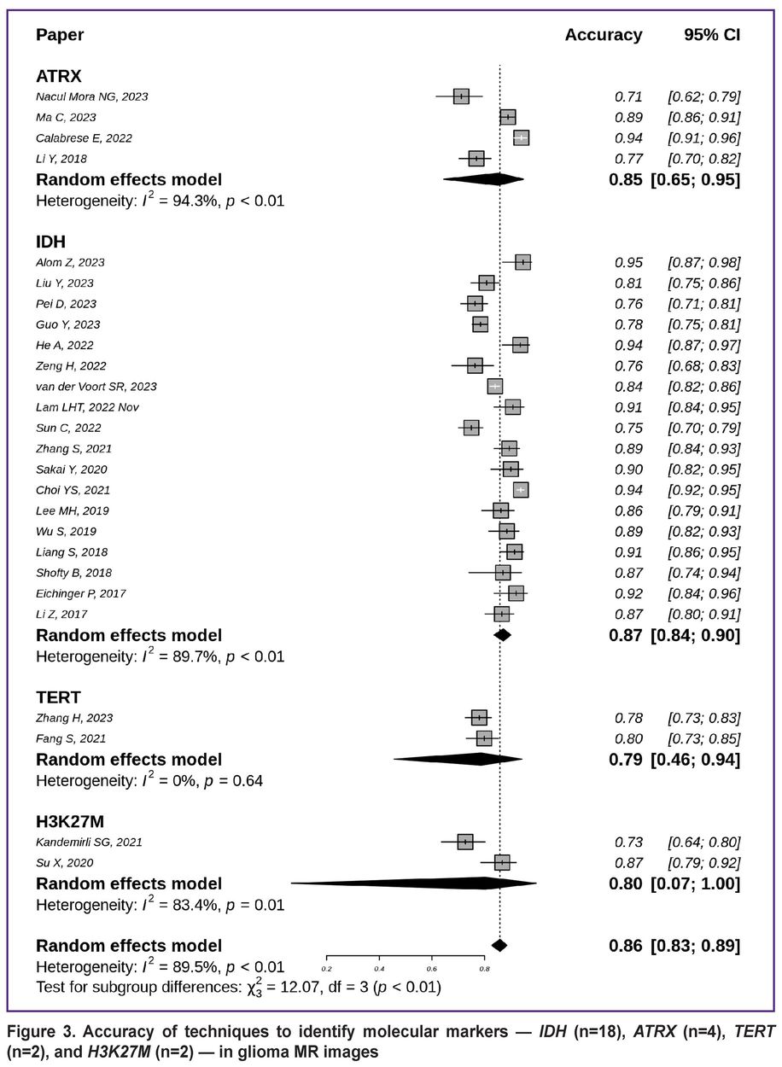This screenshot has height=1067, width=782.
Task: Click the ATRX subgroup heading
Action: (x=58, y=76)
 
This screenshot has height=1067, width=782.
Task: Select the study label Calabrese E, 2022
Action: (x=84, y=137)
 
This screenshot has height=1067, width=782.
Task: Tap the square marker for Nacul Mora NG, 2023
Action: (x=461, y=96)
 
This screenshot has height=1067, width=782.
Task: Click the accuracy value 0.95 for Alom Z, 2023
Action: (x=629, y=262)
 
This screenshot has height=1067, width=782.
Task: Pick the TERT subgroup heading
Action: (x=58, y=697)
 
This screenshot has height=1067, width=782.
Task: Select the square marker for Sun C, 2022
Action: (x=471, y=428)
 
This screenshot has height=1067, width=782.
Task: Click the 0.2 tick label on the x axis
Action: (x=327, y=969)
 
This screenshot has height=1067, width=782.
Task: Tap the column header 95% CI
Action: (x=712, y=35)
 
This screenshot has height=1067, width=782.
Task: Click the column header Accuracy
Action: (x=603, y=35)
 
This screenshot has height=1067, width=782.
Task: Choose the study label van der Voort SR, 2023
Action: (x=96, y=387)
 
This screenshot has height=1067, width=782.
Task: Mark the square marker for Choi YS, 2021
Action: (x=521, y=490)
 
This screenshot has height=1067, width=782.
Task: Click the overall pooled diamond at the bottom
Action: (x=499, y=945)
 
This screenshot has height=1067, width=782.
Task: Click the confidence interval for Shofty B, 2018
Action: (x=704, y=573)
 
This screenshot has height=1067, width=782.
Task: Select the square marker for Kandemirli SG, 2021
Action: (x=464, y=842)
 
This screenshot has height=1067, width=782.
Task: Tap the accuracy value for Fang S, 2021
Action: (x=629, y=738)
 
